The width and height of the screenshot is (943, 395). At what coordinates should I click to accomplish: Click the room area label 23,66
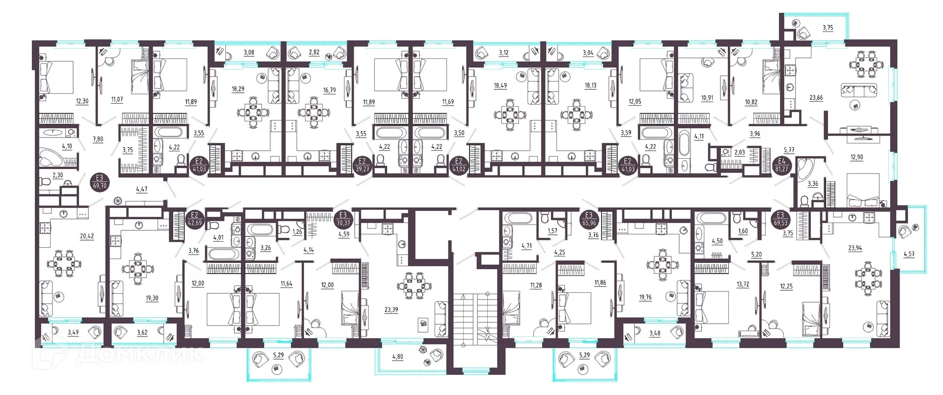(816, 98)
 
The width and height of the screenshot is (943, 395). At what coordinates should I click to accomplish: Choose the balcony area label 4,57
(909, 254)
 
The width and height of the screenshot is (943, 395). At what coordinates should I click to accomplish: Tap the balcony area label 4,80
(397, 357)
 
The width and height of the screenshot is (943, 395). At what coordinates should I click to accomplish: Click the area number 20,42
(87, 236)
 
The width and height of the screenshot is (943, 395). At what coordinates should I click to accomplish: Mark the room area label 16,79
(329, 90)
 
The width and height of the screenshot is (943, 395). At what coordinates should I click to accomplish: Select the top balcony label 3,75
(828, 28)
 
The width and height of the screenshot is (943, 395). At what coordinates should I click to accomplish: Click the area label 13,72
(743, 284)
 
